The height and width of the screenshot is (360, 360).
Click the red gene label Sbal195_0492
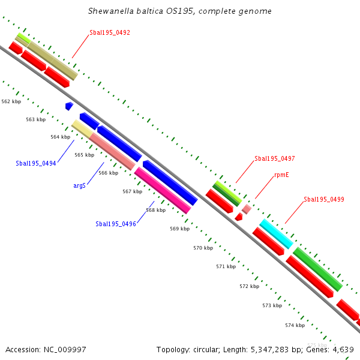click(110, 32)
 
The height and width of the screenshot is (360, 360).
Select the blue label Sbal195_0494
click(36, 163)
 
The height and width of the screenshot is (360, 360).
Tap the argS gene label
click(79, 186)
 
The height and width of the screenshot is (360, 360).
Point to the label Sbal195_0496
click(116, 224)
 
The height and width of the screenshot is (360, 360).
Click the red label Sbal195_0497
click(274, 158)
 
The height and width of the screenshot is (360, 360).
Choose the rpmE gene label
click(283, 175)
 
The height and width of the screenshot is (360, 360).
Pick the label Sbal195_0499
click(323, 199)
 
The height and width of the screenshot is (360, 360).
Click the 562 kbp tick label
click(11, 102)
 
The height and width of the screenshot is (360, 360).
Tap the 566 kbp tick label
click(108, 173)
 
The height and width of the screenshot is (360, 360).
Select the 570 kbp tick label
click(203, 248)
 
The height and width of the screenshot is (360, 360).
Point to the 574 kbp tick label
click(295, 325)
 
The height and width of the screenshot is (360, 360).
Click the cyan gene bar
click(276, 234)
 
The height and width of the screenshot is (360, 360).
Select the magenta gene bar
click(163, 190)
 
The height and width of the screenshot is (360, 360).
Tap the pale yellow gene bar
click(82, 128)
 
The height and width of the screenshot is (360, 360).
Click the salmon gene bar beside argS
click(112, 151)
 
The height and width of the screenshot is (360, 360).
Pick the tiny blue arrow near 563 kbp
click(69, 106)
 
